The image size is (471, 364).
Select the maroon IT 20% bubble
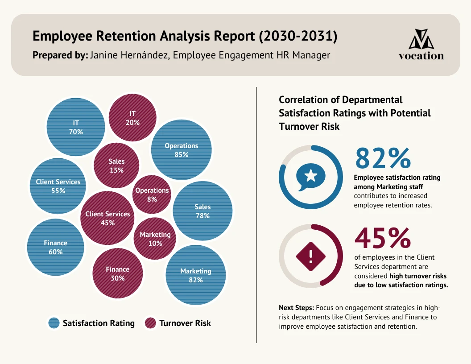pyautogui.click(x=132, y=118)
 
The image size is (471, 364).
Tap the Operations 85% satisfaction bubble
pyautogui.click(x=182, y=150)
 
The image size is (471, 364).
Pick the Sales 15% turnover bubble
pyautogui.click(x=116, y=165)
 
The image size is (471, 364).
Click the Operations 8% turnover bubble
pyautogui.click(x=152, y=194)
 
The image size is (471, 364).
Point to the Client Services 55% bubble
pyautogui.click(x=58, y=186)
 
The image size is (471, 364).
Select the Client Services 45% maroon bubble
pyautogui.click(x=107, y=218)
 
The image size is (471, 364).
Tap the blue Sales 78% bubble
pyautogui.click(x=202, y=211)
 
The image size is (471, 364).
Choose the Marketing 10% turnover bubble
pyautogui.click(x=155, y=239)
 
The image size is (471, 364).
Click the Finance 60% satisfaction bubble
pyautogui.click(x=56, y=247)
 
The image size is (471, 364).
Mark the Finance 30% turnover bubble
pyautogui.click(x=118, y=273)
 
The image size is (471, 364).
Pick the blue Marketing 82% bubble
pyautogui.click(x=196, y=275)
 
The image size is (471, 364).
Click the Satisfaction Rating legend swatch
pyautogui.click(x=54, y=323)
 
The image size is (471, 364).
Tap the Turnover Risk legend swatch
pyautogui.click(x=151, y=323)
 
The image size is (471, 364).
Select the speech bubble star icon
pyautogui.click(x=311, y=177)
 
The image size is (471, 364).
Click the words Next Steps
pyautogui.click(x=296, y=308)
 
